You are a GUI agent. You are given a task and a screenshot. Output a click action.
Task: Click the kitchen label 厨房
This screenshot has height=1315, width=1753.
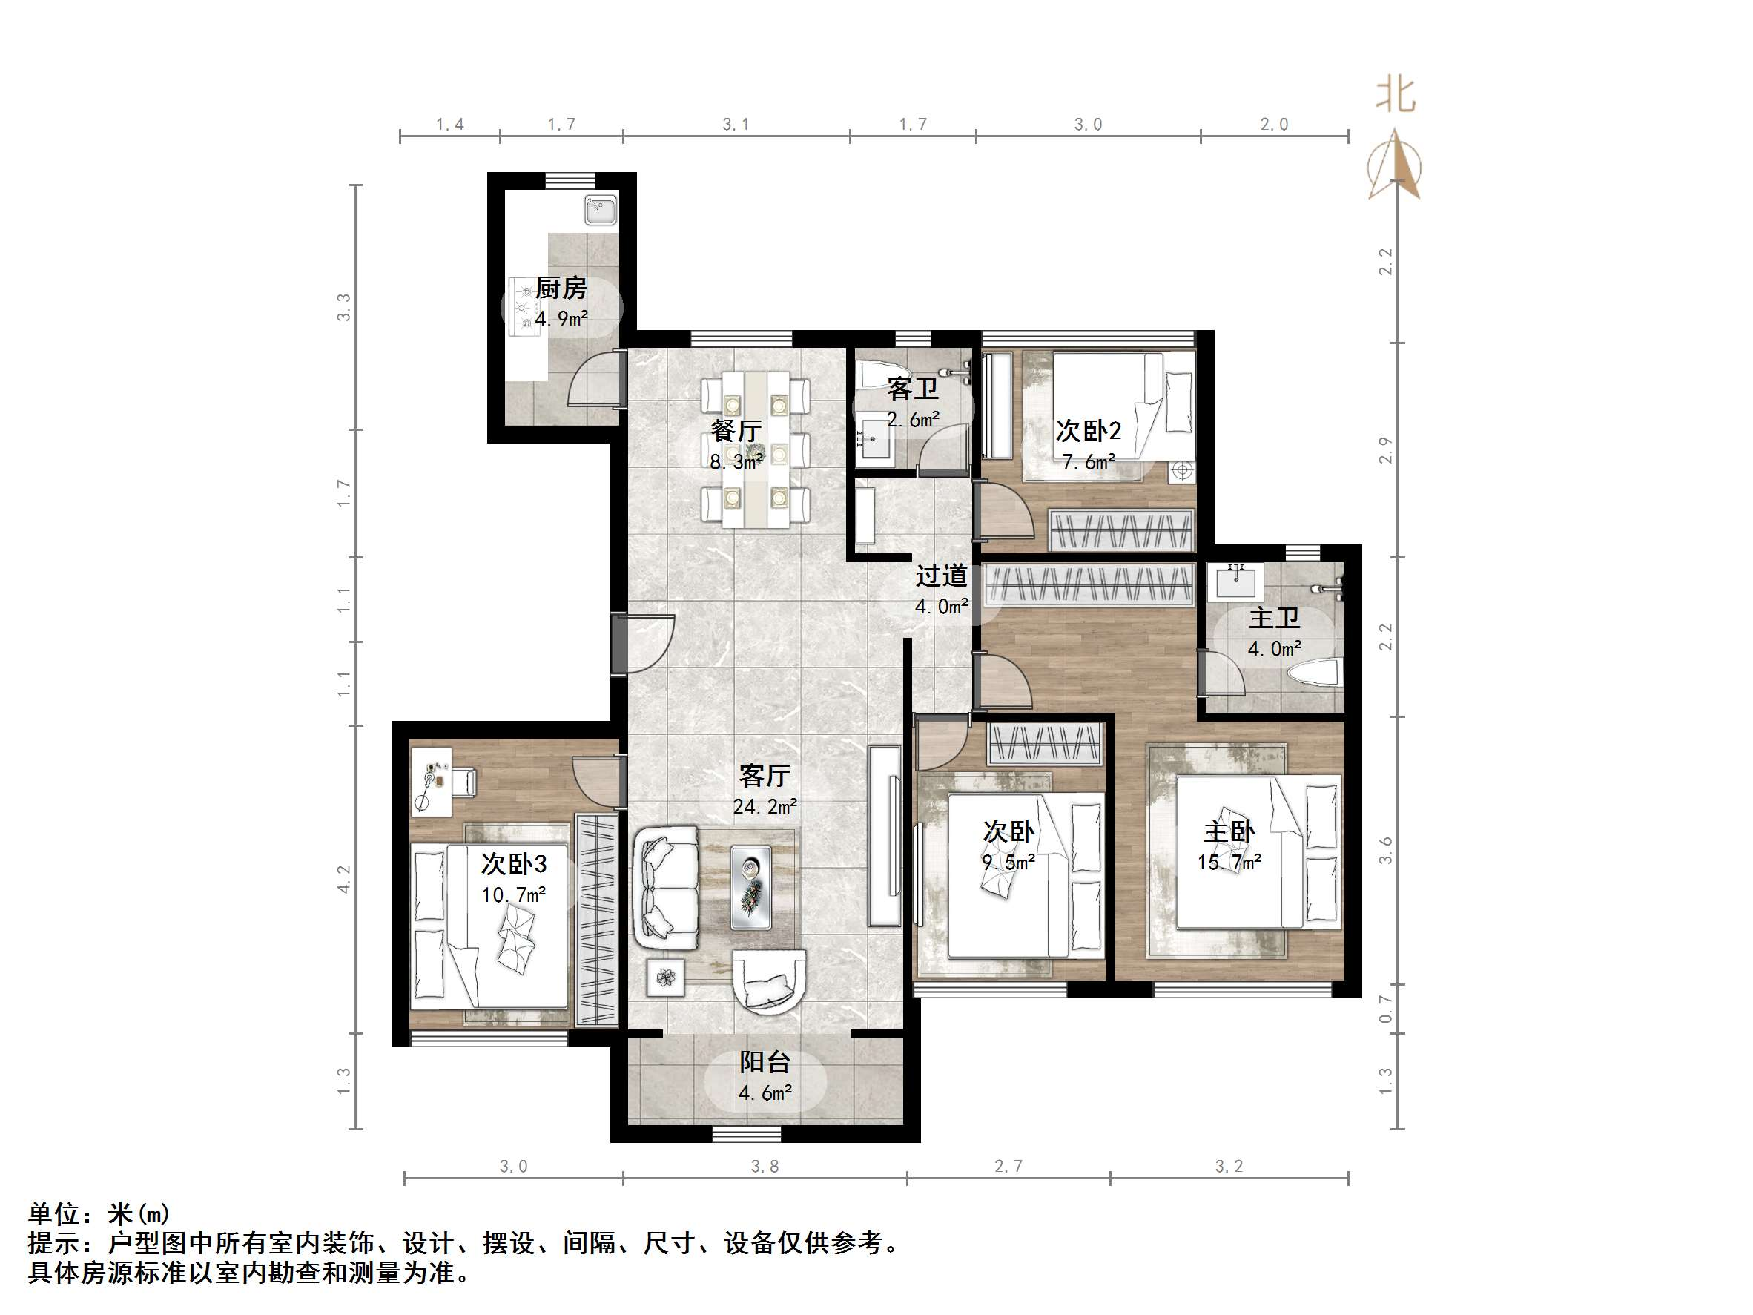(x=561, y=289)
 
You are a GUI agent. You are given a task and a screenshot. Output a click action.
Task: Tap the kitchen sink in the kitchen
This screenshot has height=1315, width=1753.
(x=601, y=211)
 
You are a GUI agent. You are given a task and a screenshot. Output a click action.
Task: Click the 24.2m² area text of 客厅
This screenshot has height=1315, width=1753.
(x=765, y=807)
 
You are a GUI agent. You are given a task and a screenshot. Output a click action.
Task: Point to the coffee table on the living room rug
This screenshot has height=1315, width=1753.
(x=750, y=888)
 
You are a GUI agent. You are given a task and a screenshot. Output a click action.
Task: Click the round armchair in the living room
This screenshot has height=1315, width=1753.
(x=769, y=981)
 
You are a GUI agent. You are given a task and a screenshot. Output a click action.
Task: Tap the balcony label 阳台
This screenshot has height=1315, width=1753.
(x=765, y=1062)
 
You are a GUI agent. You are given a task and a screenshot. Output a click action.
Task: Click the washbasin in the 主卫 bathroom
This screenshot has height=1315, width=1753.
(x=1236, y=583)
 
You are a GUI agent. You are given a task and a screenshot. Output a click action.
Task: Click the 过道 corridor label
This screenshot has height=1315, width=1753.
(x=942, y=576)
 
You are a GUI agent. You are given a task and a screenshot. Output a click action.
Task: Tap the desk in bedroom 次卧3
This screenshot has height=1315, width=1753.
(x=431, y=781)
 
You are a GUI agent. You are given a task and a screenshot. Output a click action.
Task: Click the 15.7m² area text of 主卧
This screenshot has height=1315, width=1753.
(x=1229, y=863)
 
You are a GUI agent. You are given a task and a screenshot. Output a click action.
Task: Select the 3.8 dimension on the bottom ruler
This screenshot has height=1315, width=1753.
(x=765, y=1166)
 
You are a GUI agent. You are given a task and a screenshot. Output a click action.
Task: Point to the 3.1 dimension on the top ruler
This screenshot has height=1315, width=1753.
(x=736, y=125)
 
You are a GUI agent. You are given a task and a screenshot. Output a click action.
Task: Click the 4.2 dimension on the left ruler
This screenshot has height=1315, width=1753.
(x=344, y=879)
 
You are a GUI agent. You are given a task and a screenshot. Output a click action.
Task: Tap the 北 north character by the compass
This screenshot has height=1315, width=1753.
(x=1395, y=95)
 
